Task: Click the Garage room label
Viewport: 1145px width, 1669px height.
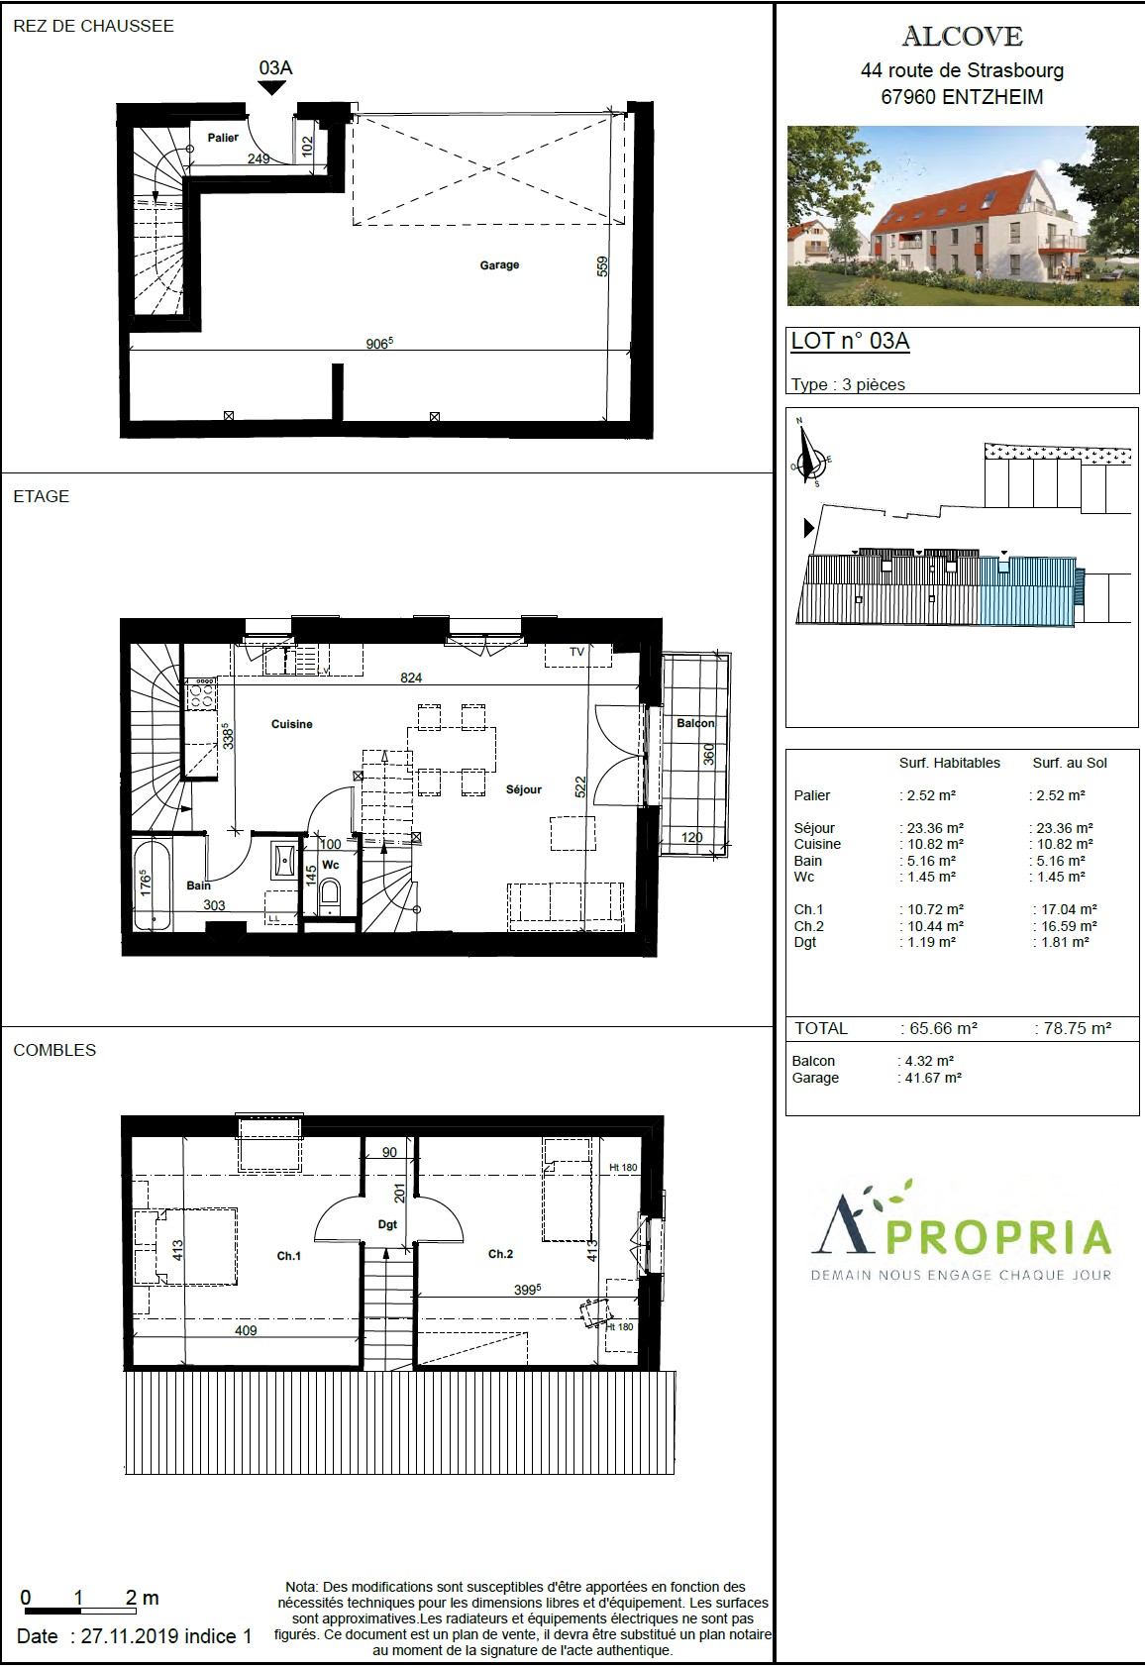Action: tap(499, 264)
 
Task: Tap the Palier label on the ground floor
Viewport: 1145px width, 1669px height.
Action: tap(223, 137)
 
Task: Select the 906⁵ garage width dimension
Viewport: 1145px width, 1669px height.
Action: tap(379, 343)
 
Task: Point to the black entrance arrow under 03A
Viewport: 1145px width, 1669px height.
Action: tap(272, 87)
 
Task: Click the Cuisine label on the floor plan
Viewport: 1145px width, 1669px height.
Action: tap(291, 723)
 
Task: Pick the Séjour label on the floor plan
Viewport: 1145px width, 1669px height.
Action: tap(524, 789)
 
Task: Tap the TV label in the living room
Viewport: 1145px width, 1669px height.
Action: tap(576, 651)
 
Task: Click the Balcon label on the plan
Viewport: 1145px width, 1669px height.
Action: tap(695, 723)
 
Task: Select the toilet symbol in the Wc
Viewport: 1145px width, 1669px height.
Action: tap(329, 894)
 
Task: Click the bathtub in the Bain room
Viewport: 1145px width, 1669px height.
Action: tap(152, 885)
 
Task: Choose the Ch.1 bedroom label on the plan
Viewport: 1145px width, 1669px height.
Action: tap(288, 1256)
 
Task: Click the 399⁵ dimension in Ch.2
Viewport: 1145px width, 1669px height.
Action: tap(527, 1289)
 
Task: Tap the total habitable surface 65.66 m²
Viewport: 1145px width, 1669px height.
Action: tap(943, 1028)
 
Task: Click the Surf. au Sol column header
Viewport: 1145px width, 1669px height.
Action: tap(1070, 763)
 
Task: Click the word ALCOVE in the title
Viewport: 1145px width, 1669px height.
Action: tap(963, 37)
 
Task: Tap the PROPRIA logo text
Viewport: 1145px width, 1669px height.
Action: tap(998, 1237)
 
